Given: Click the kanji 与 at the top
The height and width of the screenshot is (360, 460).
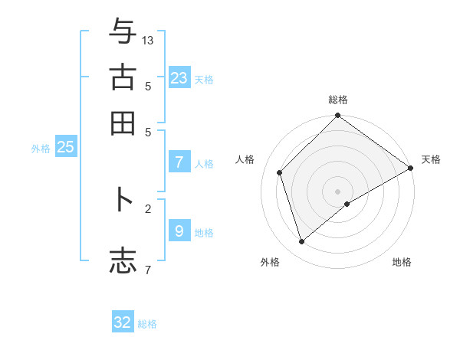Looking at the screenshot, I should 123,32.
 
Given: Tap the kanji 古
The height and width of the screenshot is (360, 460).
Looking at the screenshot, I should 123,77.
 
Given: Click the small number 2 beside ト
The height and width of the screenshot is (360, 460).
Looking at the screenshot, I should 148,208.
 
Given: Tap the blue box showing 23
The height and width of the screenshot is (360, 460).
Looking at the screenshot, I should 179,77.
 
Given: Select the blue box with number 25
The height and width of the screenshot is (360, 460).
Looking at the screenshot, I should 65,148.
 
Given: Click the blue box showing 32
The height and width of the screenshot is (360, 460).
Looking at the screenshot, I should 123,322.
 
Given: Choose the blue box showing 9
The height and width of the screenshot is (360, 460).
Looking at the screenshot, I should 179,231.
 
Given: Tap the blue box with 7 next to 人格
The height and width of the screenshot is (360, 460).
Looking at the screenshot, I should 179,162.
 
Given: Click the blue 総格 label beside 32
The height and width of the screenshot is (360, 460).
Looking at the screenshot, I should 148,324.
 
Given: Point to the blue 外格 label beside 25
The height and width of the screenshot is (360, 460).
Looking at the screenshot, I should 41,149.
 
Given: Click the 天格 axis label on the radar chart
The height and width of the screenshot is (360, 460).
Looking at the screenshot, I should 431,159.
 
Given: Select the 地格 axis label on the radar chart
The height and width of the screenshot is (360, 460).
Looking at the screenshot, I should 402,263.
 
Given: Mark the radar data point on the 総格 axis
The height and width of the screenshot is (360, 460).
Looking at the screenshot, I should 337,117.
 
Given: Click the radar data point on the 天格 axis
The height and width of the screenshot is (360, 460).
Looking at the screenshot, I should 411,168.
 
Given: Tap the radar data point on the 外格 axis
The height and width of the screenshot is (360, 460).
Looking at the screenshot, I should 302,242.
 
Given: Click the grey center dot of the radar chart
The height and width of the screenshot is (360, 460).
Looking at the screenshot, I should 337,191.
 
